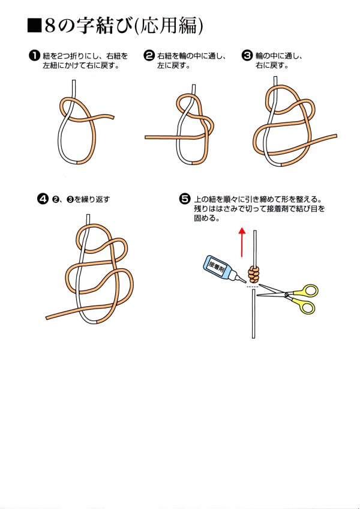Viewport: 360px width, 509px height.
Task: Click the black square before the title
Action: coord(34,26)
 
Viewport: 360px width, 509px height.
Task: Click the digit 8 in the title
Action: coord(50,26)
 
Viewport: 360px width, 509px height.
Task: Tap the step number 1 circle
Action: coord(34,55)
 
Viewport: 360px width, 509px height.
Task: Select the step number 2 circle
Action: coord(149,55)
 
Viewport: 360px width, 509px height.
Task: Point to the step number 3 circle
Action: coord(247,55)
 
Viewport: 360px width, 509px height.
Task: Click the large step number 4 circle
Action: coord(43,199)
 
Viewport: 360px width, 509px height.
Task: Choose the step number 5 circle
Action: coord(185,199)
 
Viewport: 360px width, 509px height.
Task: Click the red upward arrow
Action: coord(242,242)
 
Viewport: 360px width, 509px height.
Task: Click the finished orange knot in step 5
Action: coord(254,275)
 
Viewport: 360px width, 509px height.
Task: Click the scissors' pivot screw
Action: coord(287,295)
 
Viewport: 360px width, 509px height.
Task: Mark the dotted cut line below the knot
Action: coord(252,287)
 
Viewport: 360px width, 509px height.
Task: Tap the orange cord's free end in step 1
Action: coord(113,116)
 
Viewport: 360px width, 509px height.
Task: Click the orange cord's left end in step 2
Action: coord(146,137)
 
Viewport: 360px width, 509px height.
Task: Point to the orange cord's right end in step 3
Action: coord(335,136)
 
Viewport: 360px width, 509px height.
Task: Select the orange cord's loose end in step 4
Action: coord(47,318)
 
